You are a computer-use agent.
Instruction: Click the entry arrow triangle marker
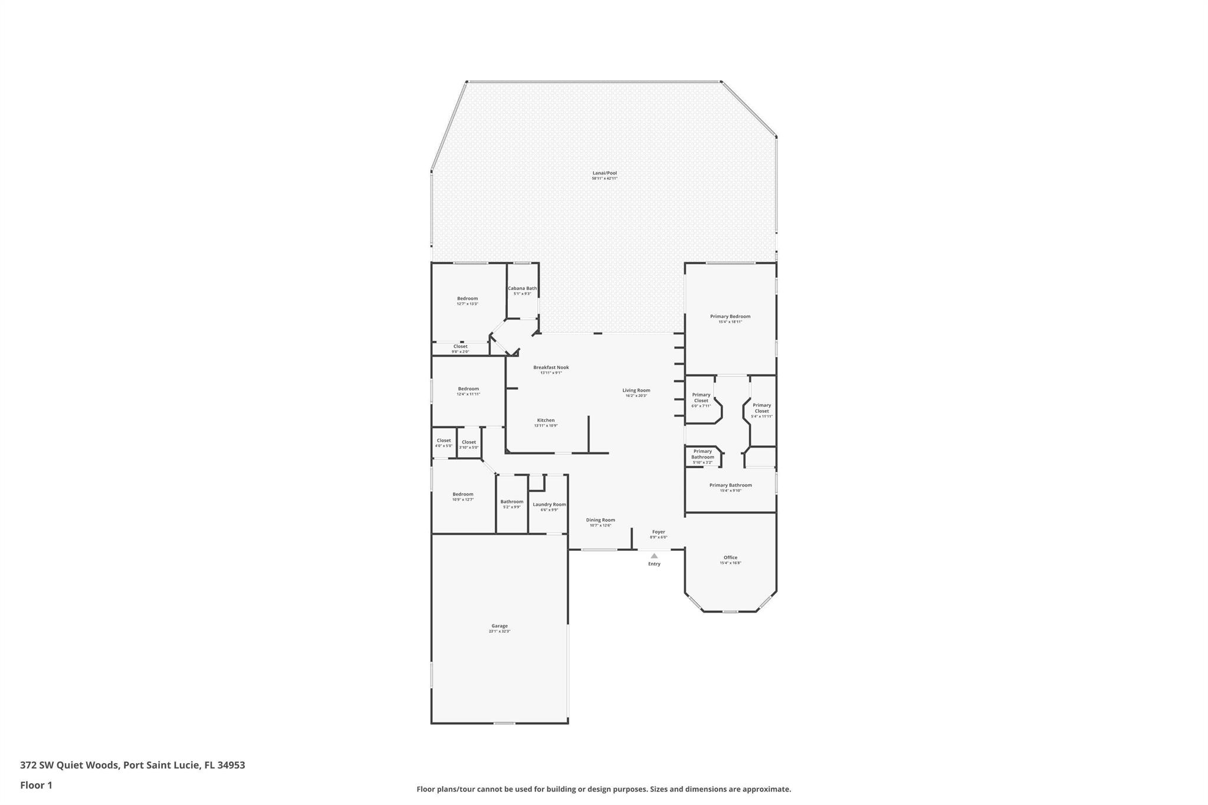[x=654, y=556]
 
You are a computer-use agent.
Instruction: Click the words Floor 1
[x=36, y=785]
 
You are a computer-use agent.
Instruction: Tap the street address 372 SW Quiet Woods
[x=70, y=765]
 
